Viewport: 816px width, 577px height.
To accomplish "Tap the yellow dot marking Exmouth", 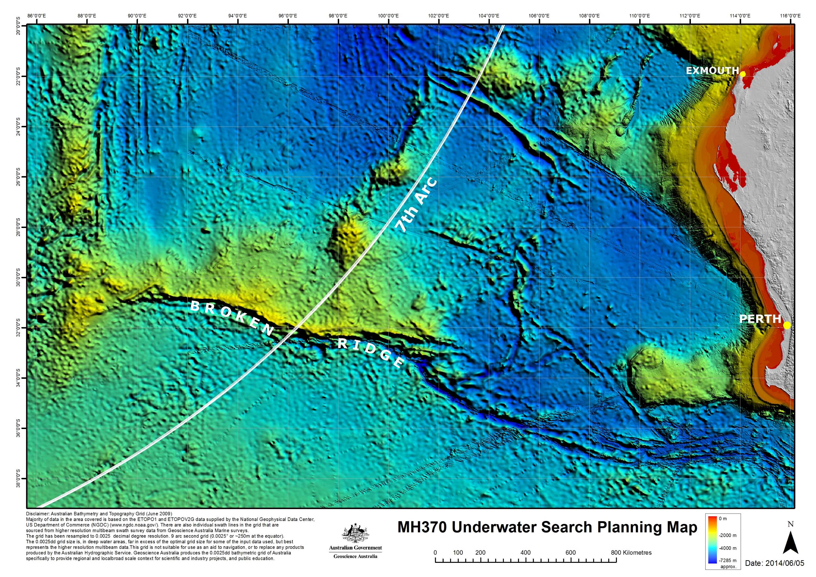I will tap(743, 74).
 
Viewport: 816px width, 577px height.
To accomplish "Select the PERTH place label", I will tap(760, 319).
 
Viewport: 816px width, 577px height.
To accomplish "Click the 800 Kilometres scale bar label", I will tap(631, 553).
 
